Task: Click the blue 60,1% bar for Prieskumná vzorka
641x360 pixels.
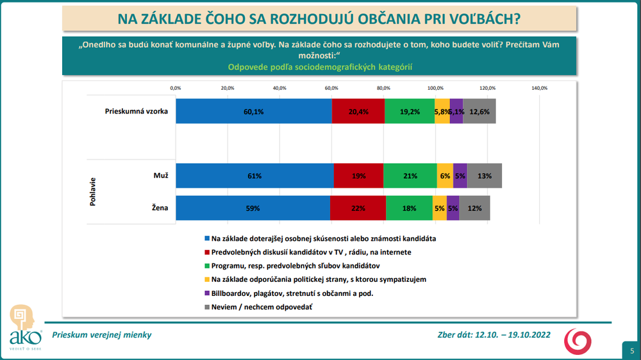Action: click(254, 111)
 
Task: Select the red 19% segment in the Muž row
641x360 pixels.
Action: click(359, 176)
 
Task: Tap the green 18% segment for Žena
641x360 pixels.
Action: click(409, 208)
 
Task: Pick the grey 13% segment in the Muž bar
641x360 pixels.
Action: click(484, 176)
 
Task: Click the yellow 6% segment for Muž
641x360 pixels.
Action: click(445, 176)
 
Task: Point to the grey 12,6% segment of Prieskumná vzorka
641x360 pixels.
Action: click(479, 111)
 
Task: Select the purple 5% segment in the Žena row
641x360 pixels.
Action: click(453, 208)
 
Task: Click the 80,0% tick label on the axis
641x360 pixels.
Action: click(383, 88)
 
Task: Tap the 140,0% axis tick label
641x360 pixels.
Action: click(540, 88)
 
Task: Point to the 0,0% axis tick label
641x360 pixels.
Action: click(176, 88)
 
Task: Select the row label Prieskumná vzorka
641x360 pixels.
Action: click(136, 111)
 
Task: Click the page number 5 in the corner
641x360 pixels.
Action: click(631, 350)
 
